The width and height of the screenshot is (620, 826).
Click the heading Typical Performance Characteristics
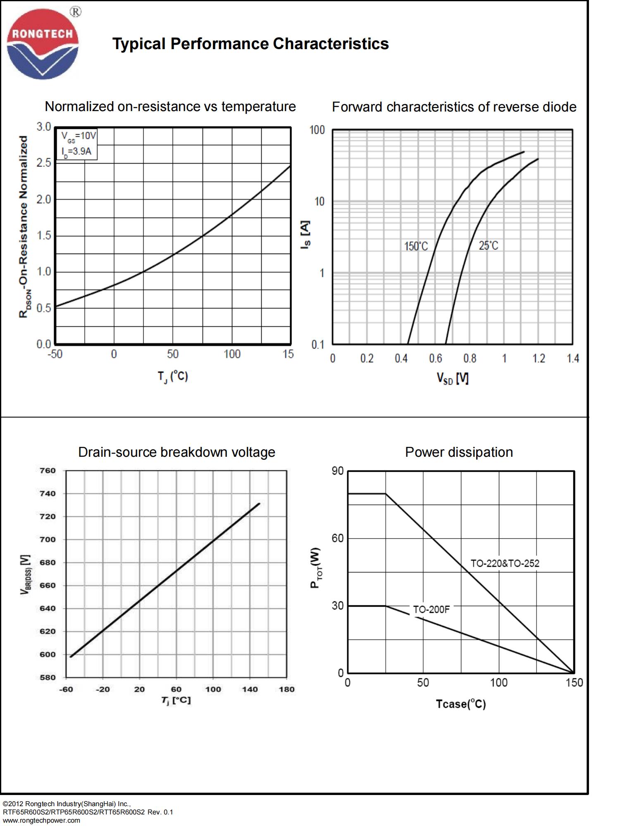(x=250, y=44)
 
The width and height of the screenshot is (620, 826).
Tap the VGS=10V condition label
(x=79, y=136)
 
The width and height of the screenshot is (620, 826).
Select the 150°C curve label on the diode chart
(x=416, y=247)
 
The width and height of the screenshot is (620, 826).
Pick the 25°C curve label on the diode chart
(x=488, y=246)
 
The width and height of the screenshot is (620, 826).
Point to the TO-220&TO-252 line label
(x=505, y=563)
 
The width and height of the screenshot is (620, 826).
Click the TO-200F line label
(x=431, y=610)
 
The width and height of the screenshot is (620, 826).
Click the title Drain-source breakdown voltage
(x=176, y=452)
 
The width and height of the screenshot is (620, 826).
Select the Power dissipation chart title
(x=459, y=452)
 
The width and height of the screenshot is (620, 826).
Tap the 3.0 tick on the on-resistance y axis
(x=44, y=127)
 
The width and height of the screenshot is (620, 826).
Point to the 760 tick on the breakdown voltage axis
(x=48, y=470)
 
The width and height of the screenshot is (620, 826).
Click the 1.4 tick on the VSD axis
(x=572, y=358)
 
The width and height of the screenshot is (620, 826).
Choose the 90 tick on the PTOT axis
(x=337, y=471)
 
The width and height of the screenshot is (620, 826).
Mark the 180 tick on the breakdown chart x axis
(x=286, y=689)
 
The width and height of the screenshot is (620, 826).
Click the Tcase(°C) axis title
(x=460, y=704)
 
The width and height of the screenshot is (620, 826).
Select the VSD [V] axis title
(x=453, y=378)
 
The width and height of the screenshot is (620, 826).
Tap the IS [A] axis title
(x=305, y=235)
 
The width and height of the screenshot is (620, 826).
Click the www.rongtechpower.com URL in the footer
(x=41, y=820)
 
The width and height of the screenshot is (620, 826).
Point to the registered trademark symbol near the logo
(x=76, y=12)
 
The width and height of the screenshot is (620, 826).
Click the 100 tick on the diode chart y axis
(x=317, y=130)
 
